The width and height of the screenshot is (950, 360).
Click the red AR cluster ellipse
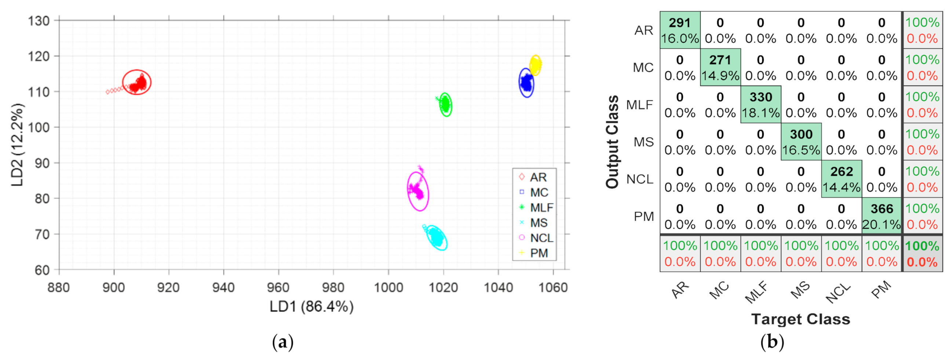[137, 82]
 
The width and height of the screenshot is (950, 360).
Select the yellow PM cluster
[535, 65]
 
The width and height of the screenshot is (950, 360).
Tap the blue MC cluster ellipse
[526, 83]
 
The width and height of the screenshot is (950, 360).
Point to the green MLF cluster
[446, 105]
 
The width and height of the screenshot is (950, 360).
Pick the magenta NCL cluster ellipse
[418, 191]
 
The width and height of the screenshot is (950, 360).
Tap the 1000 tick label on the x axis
[388, 287]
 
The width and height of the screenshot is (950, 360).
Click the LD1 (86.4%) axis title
[311, 306]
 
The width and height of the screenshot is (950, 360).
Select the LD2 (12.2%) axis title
[17, 145]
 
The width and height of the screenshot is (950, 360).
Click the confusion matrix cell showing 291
[680, 30]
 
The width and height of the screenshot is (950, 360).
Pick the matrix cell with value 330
[760, 105]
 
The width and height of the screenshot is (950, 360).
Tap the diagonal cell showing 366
[881, 216]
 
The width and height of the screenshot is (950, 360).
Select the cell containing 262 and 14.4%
[841, 179]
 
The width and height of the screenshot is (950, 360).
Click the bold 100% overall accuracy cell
[922, 254]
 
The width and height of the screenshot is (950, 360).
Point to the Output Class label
[613, 142]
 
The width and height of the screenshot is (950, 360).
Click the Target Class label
[801, 319]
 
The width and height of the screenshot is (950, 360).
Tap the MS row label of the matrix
[643, 142]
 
